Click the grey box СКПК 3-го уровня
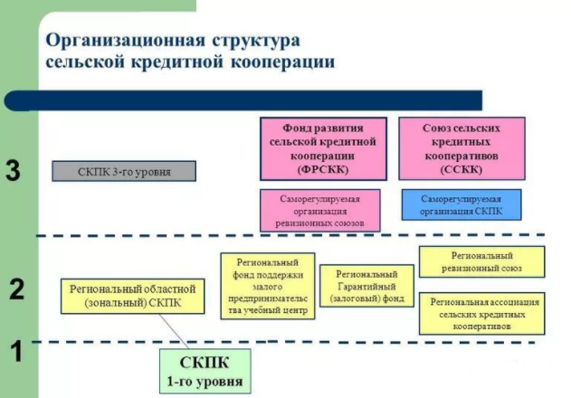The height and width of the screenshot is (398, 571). [124, 171]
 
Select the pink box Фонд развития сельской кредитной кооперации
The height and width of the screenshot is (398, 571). [323, 148]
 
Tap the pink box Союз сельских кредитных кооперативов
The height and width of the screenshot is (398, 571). [462, 148]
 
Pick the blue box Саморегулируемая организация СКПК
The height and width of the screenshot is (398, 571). [462, 204]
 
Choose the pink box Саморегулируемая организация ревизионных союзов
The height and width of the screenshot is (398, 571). [320, 210]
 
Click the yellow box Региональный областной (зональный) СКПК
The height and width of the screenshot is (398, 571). [132, 296]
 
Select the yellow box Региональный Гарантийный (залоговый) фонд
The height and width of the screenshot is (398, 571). [366, 286]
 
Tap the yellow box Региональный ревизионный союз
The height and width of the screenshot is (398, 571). [481, 261]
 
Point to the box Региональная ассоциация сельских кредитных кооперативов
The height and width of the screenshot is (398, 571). [481, 314]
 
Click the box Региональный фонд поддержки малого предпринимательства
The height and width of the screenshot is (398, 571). [268, 286]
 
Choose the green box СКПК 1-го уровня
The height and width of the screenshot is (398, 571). [205, 371]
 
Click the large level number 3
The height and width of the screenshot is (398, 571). [13, 170]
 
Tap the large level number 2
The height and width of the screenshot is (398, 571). [16, 289]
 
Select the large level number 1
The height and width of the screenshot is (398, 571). [17, 351]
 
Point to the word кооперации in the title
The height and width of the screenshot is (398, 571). [283, 62]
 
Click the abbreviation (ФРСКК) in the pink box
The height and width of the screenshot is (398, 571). [323, 170]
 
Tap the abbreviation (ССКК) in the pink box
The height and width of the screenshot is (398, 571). [462, 170]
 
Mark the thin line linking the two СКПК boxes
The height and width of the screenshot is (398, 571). [174, 331]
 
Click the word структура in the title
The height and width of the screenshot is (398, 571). [256, 41]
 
